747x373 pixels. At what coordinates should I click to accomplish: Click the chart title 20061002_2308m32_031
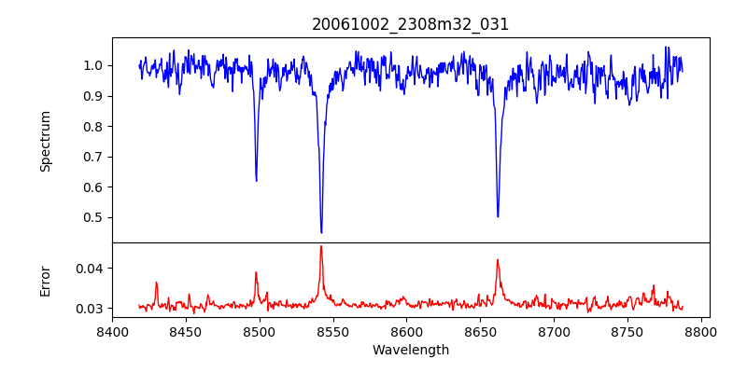click(x=410, y=24)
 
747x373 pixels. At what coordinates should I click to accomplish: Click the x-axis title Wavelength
click(x=410, y=350)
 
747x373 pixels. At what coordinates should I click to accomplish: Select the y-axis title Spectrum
click(x=45, y=141)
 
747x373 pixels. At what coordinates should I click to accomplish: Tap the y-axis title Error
click(x=45, y=281)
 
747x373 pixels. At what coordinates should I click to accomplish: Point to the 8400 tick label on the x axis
click(x=112, y=330)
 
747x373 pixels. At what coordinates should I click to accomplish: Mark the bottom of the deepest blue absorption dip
click(x=321, y=232)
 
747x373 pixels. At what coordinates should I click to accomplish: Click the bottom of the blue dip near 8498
click(x=256, y=180)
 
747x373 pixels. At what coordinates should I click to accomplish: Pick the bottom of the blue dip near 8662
click(x=498, y=216)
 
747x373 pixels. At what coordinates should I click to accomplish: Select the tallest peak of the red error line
click(x=321, y=246)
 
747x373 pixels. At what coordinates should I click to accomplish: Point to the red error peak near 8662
click(x=498, y=260)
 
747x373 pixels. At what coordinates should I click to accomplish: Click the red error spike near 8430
click(x=157, y=283)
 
